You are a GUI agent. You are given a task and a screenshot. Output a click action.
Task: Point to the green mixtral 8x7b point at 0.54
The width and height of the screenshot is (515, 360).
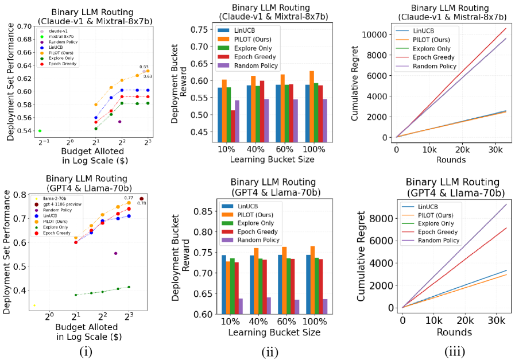click(40, 131)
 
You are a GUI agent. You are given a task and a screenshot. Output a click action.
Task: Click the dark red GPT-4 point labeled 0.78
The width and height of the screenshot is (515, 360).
click(142, 199)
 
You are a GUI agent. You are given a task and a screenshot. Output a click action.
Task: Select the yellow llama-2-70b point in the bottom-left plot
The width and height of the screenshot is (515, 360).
click(34, 305)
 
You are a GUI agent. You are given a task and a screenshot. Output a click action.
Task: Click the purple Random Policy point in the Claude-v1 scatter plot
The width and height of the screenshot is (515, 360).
click(119, 122)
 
